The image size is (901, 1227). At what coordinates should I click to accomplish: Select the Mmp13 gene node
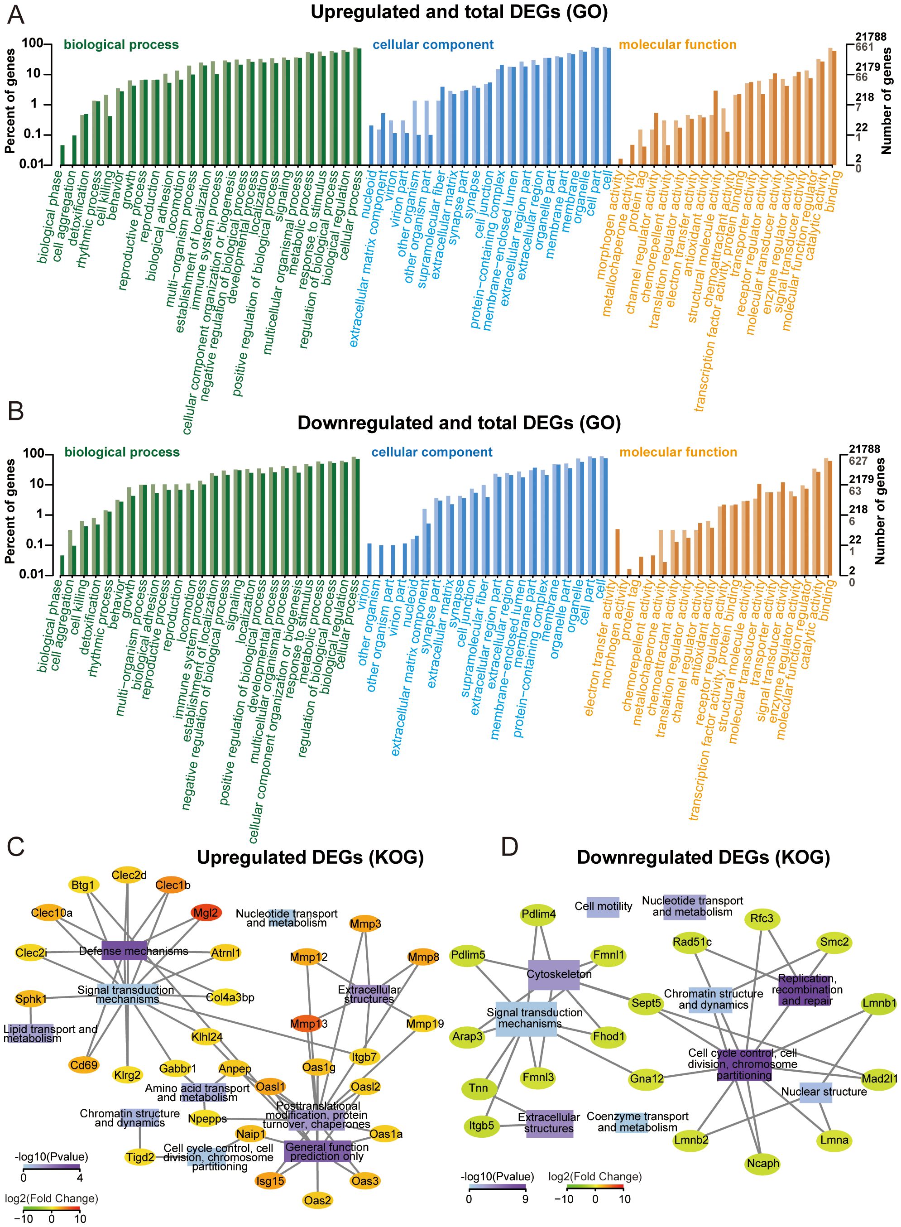point(309,1024)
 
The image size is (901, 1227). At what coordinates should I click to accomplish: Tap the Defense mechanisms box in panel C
point(125,951)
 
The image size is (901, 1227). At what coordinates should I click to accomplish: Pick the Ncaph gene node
point(763,1164)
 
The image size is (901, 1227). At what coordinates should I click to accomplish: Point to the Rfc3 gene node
point(762,919)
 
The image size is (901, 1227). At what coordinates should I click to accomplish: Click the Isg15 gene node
point(270,1181)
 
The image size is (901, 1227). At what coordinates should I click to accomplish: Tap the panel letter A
point(16,15)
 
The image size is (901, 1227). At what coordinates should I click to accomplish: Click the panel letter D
point(509,847)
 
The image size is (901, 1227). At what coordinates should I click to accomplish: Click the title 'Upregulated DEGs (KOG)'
point(310,857)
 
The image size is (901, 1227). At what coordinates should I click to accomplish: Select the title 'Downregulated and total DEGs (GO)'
point(459,423)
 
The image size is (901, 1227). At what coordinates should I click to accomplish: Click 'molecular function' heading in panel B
point(678,452)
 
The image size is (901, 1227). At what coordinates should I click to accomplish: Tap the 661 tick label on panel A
point(864,47)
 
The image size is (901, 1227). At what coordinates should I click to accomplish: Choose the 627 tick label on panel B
point(858,461)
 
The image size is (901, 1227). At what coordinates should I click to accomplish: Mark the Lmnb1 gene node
point(879,1003)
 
